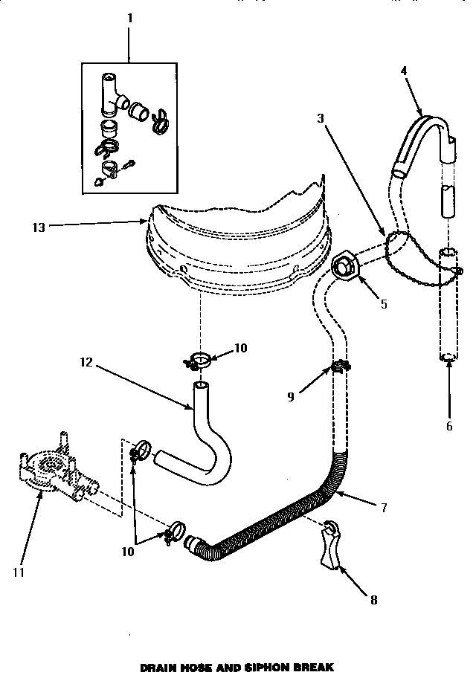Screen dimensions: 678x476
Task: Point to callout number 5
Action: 384,304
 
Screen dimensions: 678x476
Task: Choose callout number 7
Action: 384,508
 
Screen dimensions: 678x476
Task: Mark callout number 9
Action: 291,397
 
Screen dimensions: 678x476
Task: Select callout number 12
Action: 87,363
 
